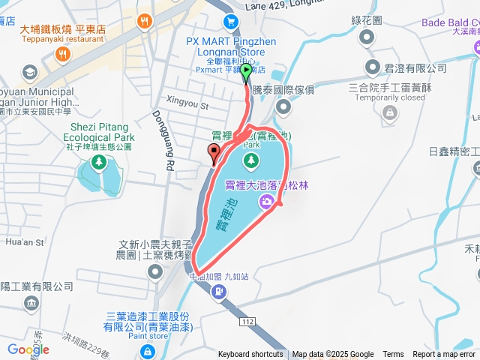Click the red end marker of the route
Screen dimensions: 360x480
coord(214,154)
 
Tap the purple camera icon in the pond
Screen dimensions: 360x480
coord(266,201)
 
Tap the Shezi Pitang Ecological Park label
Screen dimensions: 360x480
coord(102,133)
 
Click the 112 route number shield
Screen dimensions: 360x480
coord(248,320)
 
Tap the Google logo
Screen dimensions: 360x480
coord(28,349)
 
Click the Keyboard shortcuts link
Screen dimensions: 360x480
coord(250,355)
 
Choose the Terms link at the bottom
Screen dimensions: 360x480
coord(393,355)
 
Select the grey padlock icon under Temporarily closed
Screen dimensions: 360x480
coord(388,112)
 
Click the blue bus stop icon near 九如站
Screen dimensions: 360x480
coord(217,291)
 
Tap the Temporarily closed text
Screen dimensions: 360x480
coord(390,97)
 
